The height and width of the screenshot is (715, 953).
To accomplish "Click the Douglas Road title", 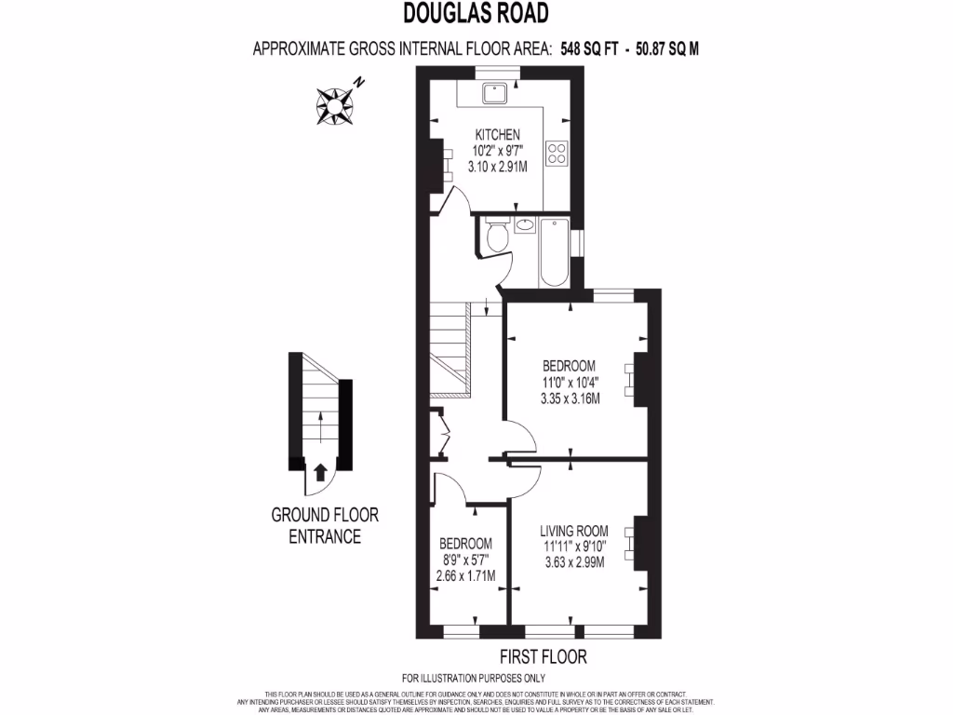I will point(476,12).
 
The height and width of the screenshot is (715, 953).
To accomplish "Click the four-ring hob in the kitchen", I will point(558,153).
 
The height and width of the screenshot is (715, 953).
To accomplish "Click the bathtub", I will point(555,253).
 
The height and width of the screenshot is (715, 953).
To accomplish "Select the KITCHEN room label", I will point(498,135).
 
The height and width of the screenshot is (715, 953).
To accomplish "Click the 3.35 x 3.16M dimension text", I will point(570,398).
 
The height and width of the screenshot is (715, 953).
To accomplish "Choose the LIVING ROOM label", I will point(574,531).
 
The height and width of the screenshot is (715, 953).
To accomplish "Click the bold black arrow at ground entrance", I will point(319,474).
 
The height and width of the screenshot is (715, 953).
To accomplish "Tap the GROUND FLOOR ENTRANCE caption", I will point(325,525).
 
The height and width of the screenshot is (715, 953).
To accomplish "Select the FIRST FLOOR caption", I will point(544,656).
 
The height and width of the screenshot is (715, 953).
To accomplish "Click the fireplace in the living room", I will point(637,542).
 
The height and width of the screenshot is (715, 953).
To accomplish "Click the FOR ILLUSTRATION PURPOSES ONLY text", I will point(473,678).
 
